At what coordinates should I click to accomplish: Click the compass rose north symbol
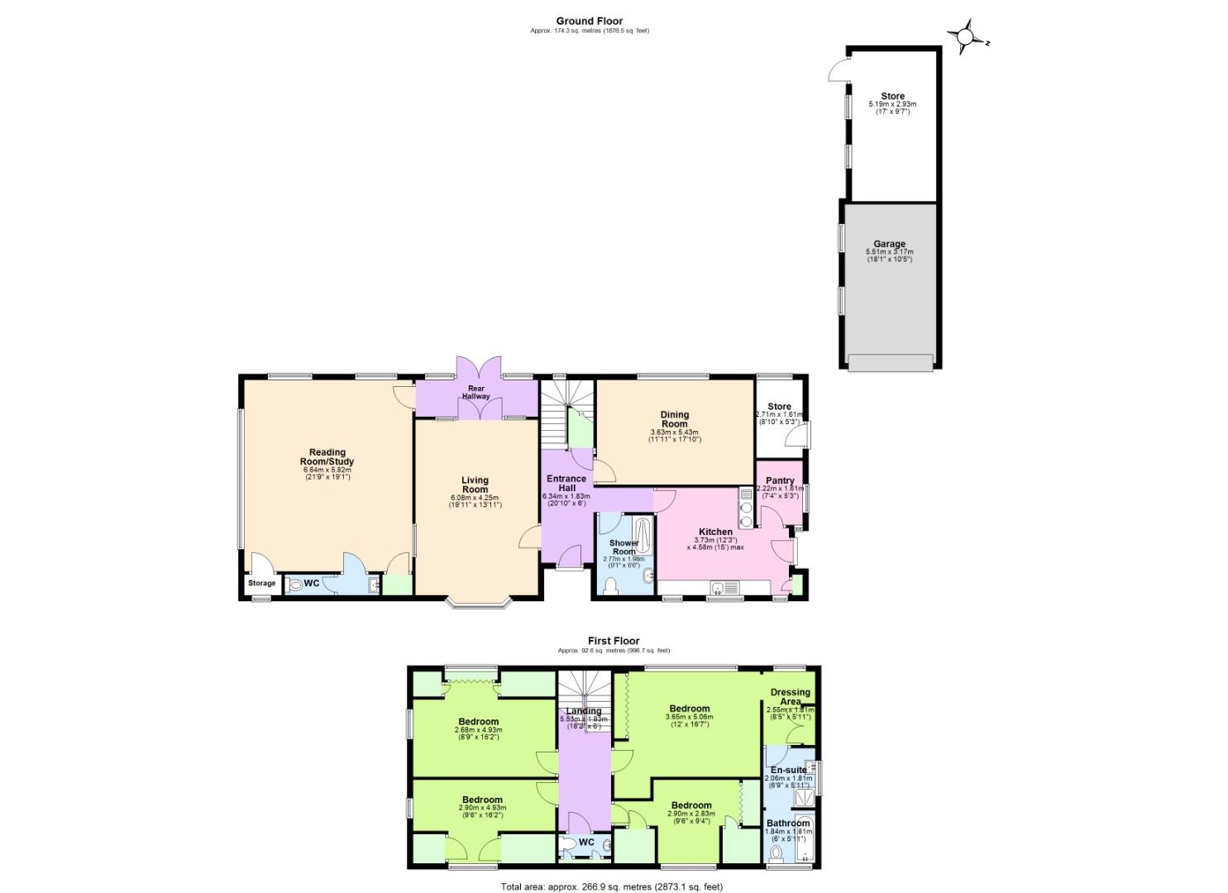(x=967, y=37)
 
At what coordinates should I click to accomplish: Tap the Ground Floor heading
(x=589, y=21)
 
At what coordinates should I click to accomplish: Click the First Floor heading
(x=614, y=641)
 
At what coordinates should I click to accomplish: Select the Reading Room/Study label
(x=327, y=456)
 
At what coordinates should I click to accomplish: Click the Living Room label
(x=475, y=485)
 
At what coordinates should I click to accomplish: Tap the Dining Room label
(x=674, y=419)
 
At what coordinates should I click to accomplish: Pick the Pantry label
(x=780, y=480)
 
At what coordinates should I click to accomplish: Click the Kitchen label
(x=715, y=532)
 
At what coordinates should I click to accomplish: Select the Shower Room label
(x=624, y=547)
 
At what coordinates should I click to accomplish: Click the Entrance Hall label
(x=566, y=483)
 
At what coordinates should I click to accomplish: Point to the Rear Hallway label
(x=476, y=392)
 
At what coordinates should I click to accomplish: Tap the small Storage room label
(x=261, y=584)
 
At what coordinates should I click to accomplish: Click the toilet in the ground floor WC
(x=295, y=584)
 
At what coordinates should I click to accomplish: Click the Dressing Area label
(x=791, y=697)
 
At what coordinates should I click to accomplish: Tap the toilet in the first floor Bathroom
(x=776, y=852)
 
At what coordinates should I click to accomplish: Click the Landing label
(x=584, y=711)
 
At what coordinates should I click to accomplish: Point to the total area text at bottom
(x=611, y=887)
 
